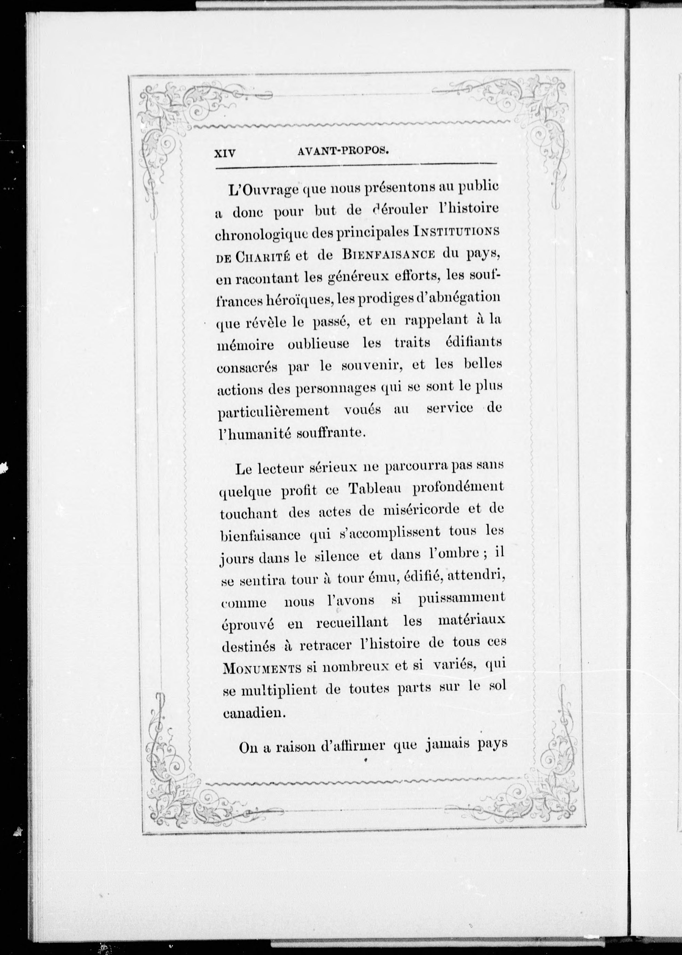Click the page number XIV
pyautogui.click(x=225, y=154)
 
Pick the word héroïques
pyautogui.click(x=297, y=300)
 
